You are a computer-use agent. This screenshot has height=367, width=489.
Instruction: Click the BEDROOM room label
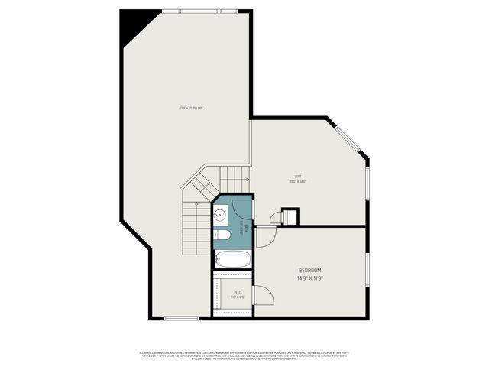coord(309,271)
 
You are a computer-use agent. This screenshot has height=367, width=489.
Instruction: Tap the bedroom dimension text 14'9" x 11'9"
coord(309,279)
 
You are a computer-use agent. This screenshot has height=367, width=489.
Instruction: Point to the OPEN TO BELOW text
coord(191,108)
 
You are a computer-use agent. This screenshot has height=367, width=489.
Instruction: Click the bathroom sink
coord(219,216)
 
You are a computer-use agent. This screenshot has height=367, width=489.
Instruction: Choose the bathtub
coord(232,259)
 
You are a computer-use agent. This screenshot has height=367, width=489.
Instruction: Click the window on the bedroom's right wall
coord(368,271)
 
